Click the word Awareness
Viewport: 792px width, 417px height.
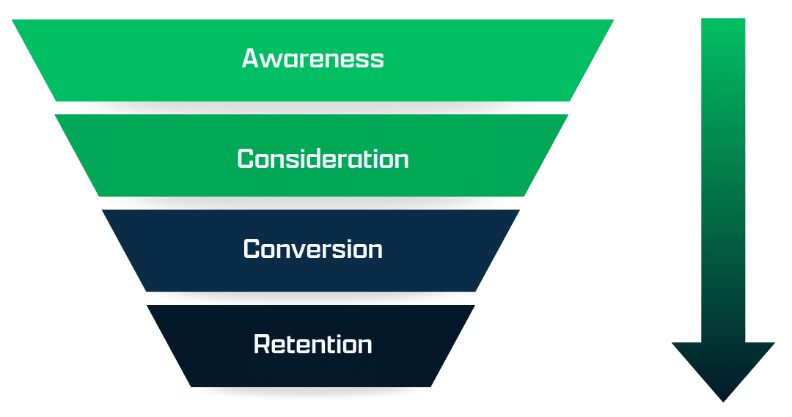point(312,59)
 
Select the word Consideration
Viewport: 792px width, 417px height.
point(323,159)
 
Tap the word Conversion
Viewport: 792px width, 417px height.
point(312,249)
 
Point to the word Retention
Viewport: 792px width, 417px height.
point(312,344)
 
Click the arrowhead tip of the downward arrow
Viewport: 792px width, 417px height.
point(723,401)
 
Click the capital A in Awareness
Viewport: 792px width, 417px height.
point(252,59)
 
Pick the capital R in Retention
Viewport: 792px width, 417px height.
point(262,344)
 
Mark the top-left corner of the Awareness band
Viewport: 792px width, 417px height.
point(12,21)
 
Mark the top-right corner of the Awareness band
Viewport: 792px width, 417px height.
point(613,21)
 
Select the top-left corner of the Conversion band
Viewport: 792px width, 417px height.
point(101,211)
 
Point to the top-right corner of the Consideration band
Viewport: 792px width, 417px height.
point(568,115)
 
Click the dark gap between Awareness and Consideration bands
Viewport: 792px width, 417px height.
point(312,108)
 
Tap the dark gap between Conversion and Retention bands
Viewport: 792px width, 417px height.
point(312,298)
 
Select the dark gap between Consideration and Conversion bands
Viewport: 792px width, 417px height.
point(312,203)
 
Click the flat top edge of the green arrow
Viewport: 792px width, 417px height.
point(723,20)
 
